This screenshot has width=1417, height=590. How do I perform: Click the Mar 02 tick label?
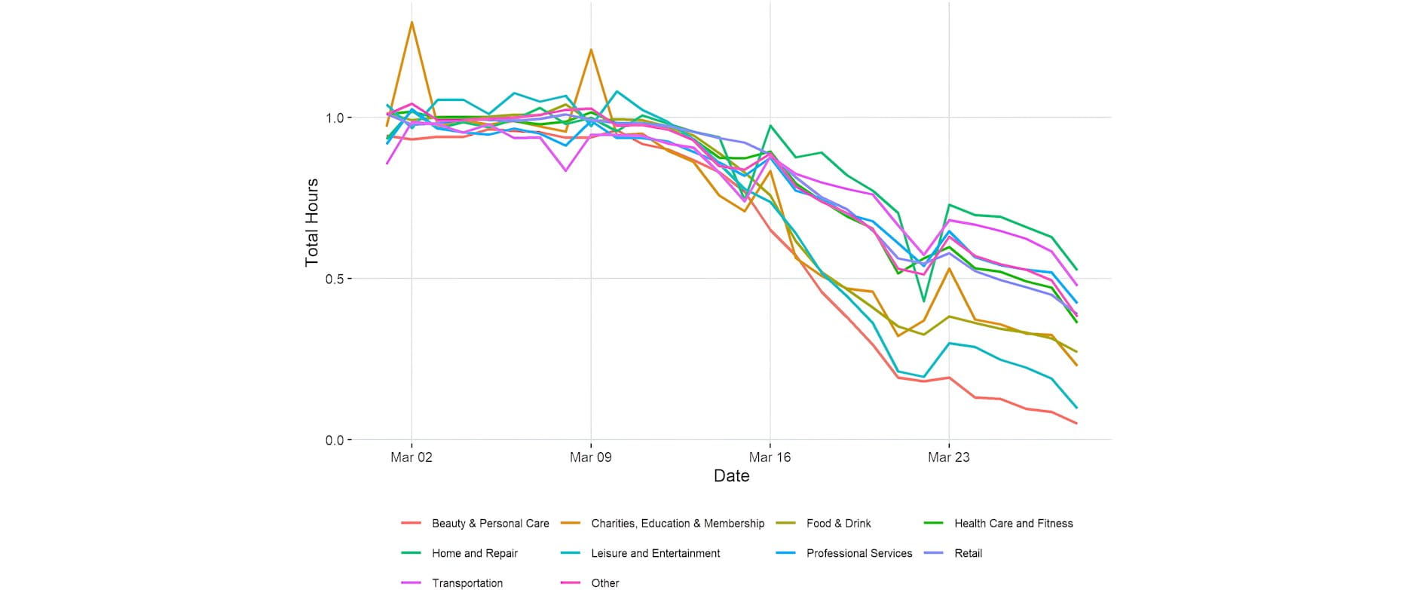[x=412, y=457]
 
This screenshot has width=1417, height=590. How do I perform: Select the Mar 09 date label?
[x=591, y=457]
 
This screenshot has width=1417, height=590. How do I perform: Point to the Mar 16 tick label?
[x=770, y=457]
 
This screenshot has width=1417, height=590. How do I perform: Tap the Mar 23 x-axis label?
[x=949, y=457]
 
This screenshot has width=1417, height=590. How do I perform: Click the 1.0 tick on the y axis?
[x=334, y=118]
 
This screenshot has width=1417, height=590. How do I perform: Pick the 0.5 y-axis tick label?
[x=334, y=279]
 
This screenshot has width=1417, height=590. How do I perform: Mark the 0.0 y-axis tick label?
[x=334, y=440]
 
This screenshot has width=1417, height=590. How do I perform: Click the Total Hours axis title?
[x=312, y=223]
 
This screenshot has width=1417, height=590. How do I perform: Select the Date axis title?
[x=731, y=476]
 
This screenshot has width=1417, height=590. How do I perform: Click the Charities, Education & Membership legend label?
[x=677, y=523]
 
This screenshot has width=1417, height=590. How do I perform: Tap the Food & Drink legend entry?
[x=838, y=523]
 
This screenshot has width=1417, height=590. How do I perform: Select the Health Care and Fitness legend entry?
[x=1013, y=523]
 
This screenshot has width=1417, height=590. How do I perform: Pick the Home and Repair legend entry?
[x=474, y=553]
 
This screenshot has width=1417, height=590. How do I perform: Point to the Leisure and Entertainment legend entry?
[x=655, y=553]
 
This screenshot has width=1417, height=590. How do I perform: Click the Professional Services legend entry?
[x=858, y=553]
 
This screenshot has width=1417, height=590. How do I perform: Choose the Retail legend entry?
[x=968, y=553]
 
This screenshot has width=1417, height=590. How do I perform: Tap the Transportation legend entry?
[x=467, y=582]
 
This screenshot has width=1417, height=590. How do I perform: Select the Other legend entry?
[x=604, y=582]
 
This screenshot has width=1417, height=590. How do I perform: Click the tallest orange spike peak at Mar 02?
[x=412, y=22]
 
